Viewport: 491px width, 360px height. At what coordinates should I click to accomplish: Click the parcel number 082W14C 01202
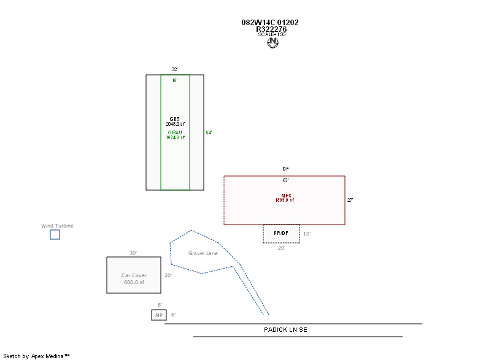[270, 23]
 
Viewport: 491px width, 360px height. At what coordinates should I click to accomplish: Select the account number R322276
[271, 29]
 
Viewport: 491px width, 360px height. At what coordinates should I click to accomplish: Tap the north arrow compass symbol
[273, 43]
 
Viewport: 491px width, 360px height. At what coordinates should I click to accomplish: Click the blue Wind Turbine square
[55, 234]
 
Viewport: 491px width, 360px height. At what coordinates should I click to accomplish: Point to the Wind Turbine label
[57, 226]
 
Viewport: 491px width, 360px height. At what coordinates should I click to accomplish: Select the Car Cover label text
[134, 275]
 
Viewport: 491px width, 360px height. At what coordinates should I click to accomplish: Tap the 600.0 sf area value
[134, 282]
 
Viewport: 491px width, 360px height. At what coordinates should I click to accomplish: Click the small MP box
[159, 315]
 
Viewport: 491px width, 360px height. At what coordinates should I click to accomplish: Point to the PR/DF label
[281, 234]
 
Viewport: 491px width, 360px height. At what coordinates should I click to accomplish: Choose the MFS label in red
[286, 196]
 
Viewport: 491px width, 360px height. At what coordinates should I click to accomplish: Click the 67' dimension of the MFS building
[285, 180]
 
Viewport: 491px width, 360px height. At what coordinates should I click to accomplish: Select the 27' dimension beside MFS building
[350, 200]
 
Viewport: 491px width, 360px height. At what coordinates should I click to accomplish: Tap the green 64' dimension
[209, 132]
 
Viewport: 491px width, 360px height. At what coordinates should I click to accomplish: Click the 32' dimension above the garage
[175, 70]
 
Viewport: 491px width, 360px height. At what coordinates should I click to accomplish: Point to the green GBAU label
[175, 132]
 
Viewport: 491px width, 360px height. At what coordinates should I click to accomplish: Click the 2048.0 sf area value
[175, 124]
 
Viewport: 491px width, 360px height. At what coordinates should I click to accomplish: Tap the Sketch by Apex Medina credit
[36, 356]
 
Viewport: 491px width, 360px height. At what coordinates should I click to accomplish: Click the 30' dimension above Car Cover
[133, 253]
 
